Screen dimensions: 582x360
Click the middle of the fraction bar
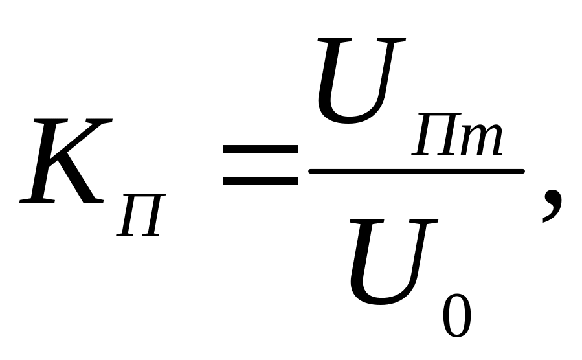(416, 171)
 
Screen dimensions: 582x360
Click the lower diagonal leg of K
(84, 185)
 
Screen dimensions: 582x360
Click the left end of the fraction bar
(312, 171)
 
